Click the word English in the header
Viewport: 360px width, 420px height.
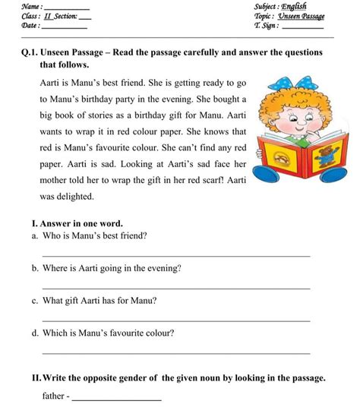coord(294,7)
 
